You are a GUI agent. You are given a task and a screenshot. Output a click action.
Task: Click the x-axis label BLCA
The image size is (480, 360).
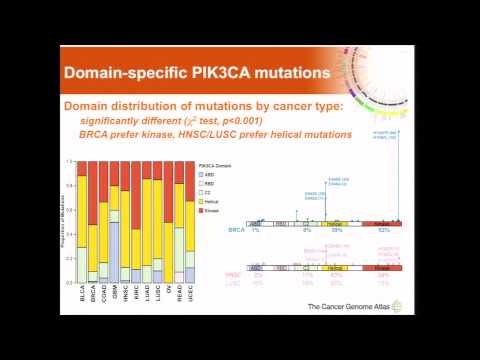tap(82, 297)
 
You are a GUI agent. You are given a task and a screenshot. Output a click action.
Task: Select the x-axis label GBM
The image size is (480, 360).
tap(115, 297)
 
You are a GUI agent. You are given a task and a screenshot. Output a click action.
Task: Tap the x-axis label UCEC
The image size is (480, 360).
tap(190, 297)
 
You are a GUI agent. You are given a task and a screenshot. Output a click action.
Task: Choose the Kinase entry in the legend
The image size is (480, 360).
tap(210, 212)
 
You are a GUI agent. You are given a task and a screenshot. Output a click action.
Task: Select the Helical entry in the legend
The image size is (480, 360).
tap(210, 202)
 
